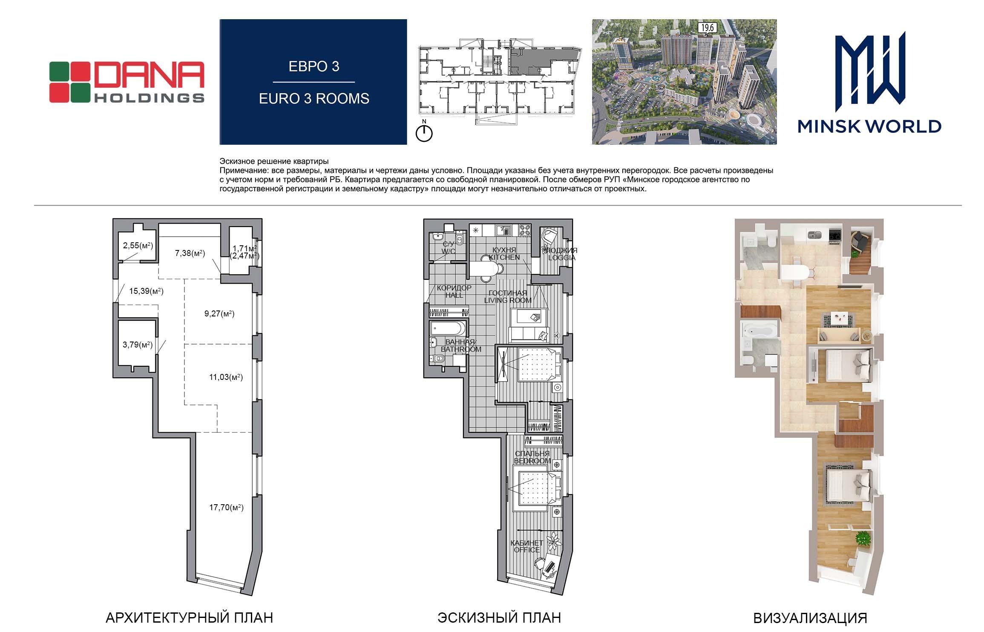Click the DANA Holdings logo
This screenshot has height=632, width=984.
tap(127, 82)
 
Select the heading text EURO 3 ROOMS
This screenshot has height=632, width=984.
tap(314, 99)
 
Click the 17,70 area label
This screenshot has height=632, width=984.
tap(226, 507)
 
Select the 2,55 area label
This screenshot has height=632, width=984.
tap(138, 245)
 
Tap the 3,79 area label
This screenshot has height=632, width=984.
tap(138, 345)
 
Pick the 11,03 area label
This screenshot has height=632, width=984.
tap(226, 377)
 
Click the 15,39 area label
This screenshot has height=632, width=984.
tap(147, 291)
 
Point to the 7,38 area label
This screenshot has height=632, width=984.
tap(190, 253)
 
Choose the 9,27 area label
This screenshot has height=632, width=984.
tap(219, 314)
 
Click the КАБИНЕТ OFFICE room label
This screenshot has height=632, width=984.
tap(527, 546)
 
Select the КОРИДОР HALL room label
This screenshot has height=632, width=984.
tap(454, 291)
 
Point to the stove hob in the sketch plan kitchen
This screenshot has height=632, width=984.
tap(524, 230)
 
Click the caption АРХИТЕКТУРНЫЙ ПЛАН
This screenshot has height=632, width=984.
tap(189, 618)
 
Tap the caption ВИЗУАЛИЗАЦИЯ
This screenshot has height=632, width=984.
tap(810, 618)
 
